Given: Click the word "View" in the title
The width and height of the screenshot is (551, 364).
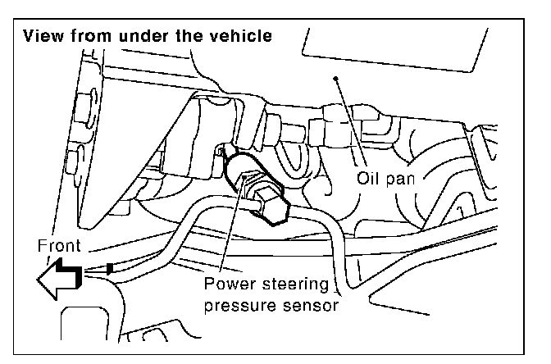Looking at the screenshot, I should [43, 37].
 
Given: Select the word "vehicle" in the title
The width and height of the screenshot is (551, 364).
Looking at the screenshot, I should [239, 37].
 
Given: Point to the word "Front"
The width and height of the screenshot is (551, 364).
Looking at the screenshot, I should [60, 244].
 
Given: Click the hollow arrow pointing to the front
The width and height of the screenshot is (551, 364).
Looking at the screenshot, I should [57, 280].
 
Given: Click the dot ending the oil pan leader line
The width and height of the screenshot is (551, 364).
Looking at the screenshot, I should [335, 80].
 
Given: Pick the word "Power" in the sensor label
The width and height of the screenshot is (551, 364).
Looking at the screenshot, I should [229, 287].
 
